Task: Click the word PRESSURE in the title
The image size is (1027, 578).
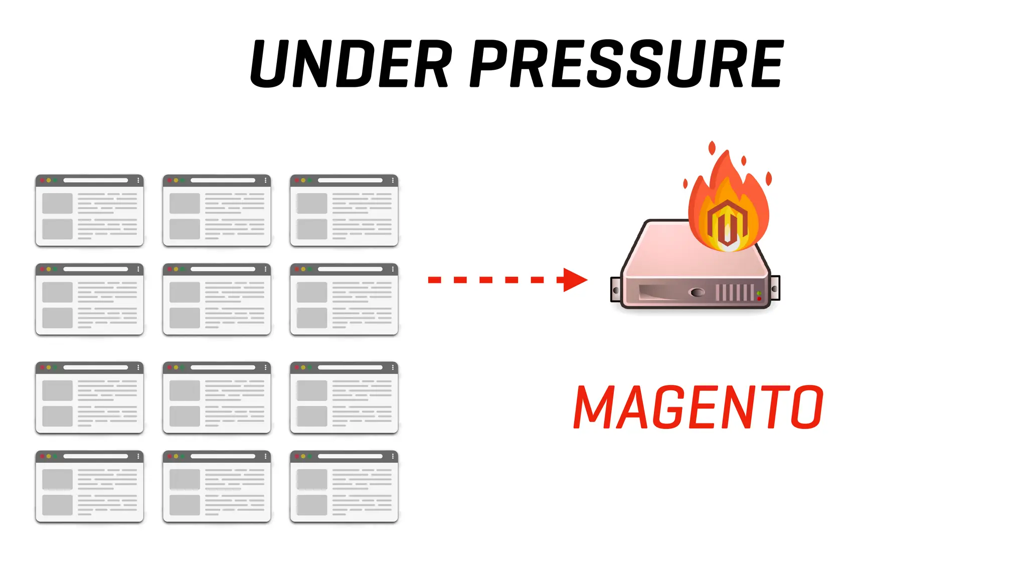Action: click(x=626, y=64)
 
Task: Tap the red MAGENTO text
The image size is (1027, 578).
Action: click(x=698, y=407)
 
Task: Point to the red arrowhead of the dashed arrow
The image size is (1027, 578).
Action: click(x=574, y=279)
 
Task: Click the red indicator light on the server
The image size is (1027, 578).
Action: click(x=759, y=299)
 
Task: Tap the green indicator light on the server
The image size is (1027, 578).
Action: click(x=759, y=293)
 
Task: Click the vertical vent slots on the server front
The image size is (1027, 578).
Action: click(x=735, y=292)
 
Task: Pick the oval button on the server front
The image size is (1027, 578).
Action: click(x=697, y=292)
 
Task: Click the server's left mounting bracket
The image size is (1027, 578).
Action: click(x=616, y=290)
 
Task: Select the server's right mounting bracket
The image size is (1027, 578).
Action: click(x=775, y=289)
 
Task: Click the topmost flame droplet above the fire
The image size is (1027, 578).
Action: click(x=712, y=148)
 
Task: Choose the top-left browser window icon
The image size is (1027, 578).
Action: click(x=89, y=210)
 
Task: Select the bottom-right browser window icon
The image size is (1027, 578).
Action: click(x=344, y=486)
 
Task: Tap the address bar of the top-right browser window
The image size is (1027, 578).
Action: click(x=350, y=180)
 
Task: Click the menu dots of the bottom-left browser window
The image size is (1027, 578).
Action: click(x=138, y=456)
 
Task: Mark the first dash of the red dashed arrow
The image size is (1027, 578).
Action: click(x=434, y=280)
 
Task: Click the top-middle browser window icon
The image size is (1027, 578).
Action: click(x=217, y=210)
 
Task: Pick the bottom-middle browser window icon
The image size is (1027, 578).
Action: click(x=217, y=486)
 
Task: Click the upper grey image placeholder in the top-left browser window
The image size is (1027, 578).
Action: click(x=57, y=203)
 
